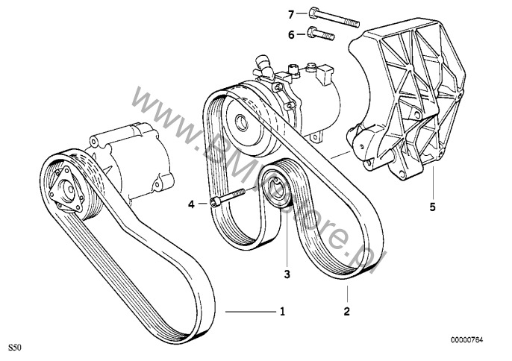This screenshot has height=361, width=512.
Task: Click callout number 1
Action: [x=282, y=311]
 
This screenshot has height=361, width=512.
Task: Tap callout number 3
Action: [x=286, y=274]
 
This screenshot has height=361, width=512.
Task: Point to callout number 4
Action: [x=191, y=204]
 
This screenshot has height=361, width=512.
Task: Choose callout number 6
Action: [x=291, y=34]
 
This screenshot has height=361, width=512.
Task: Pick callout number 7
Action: [x=291, y=13]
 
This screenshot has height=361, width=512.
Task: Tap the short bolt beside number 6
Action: [x=319, y=34]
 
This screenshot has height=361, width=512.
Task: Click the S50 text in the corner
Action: [x=14, y=348]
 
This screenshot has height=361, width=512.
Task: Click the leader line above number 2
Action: [x=346, y=292]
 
